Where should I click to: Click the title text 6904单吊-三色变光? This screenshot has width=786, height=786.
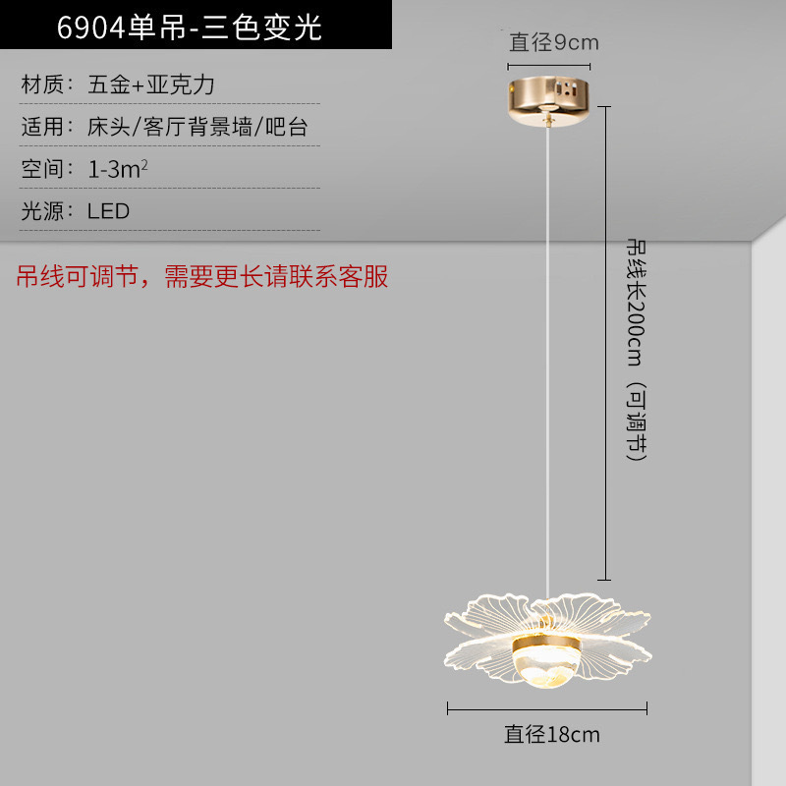point(190,27)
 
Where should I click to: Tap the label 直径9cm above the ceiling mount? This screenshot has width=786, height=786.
point(553,42)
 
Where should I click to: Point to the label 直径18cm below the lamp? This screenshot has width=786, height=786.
point(552,734)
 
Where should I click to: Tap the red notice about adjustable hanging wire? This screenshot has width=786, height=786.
point(202,277)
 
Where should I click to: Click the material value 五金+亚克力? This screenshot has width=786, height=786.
point(151,84)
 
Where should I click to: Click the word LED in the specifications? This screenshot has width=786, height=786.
point(108,210)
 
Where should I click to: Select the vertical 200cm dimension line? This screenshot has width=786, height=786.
point(604,344)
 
